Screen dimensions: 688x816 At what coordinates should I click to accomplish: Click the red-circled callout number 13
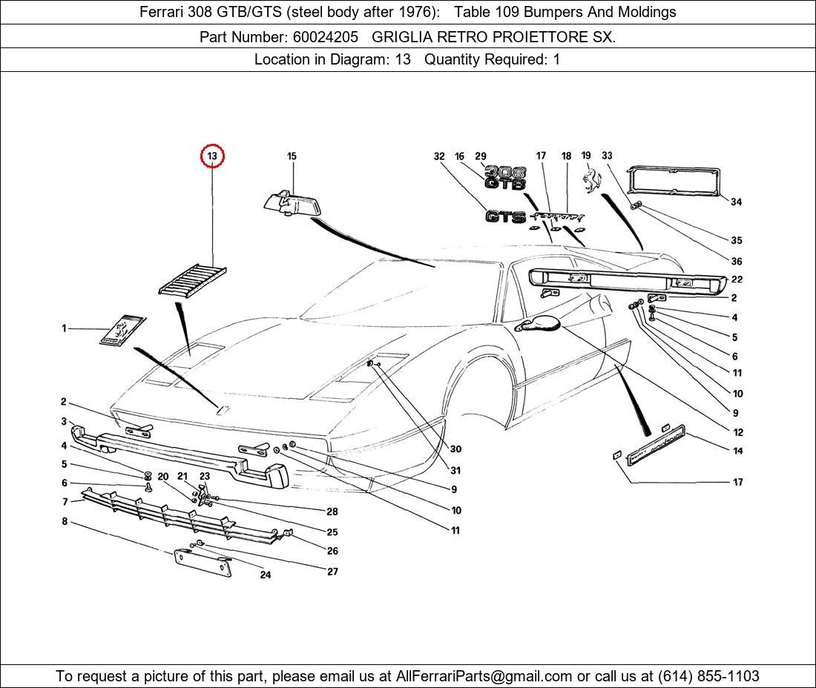coord(212,156)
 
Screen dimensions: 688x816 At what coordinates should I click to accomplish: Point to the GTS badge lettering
coord(505,216)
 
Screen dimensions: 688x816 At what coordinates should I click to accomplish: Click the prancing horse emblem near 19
coord(590,180)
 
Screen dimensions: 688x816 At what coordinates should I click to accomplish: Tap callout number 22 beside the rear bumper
coord(737,279)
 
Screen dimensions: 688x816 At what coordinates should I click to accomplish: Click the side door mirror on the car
coord(538,322)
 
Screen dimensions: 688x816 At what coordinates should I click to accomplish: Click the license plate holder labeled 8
coord(203,563)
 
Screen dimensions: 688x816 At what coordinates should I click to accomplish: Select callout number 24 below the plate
coord(266,575)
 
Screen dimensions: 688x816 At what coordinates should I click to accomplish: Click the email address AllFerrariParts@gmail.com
coord(484,676)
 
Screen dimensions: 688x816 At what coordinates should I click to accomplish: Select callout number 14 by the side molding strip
coord(737,451)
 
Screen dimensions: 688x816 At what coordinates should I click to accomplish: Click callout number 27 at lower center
coord(332,572)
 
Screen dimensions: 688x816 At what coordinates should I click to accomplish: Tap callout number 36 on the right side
coord(736,261)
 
